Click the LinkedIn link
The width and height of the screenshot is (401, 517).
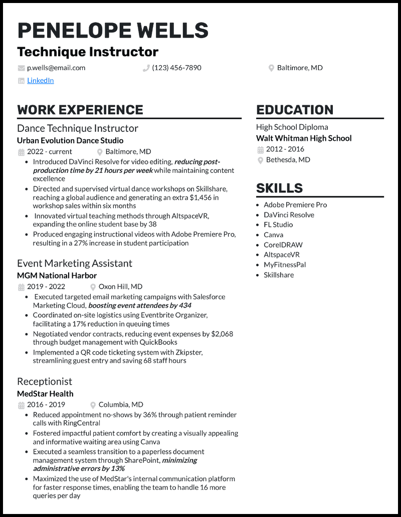pos(40,80)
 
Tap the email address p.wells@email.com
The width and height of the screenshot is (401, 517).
pos(56,68)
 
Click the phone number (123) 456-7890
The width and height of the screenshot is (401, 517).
pos(176,68)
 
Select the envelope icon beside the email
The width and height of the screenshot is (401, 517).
pos(21,68)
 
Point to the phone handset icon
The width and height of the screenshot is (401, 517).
pos(146,68)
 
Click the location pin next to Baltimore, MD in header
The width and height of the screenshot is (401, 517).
pos(271,68)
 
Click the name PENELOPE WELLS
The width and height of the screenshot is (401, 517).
pos(113,31)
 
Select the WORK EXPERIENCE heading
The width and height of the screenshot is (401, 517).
pos(80,110)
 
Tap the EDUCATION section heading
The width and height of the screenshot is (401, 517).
pos(295,110)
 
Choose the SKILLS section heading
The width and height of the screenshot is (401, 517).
pos(279,188)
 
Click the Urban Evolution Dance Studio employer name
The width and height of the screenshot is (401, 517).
pos(70,140)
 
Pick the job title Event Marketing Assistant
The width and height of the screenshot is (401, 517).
pos(75,263)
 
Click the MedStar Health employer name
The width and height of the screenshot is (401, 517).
pos(45,393)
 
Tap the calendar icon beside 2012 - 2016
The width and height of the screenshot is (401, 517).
pos(260,149)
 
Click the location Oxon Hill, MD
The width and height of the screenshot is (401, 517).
pos(120,287)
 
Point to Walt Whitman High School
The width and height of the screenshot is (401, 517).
pos(304,138)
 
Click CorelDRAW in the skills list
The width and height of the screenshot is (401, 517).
pos(283,244)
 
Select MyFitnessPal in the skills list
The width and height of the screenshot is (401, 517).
pos(285,265)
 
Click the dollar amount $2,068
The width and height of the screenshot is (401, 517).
pos(222,334)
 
